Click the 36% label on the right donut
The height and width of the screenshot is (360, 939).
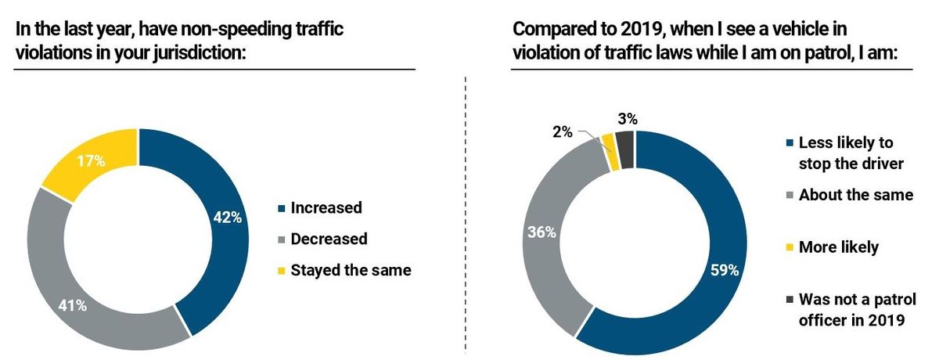coord(542,232)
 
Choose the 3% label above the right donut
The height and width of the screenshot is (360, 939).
coord(627,120)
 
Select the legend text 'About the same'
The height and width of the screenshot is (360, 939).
coord(855,195)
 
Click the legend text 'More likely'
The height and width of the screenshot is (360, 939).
coord(838,247)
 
